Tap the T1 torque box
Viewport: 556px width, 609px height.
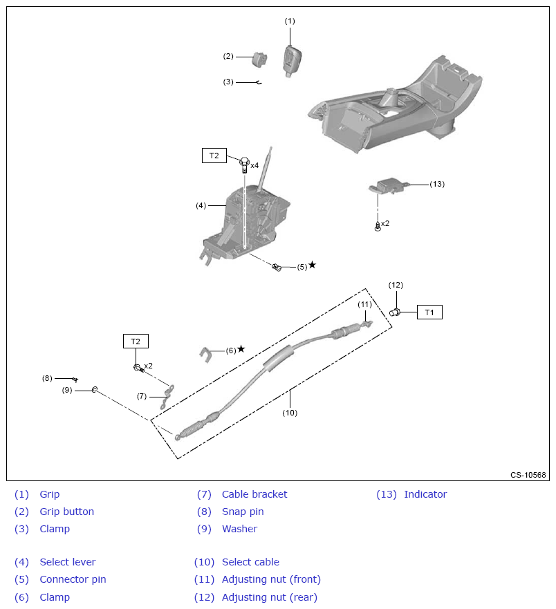pyautogui.click(x=429, y=312)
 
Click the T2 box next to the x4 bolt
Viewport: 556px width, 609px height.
pyautogui.click(x=214, y=156)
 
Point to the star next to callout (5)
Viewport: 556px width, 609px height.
pyautogui.click(x=312, y=265)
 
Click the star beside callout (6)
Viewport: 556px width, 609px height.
pyautogui.click(x=241, y=349)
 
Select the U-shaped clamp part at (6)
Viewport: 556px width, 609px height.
pyautogui.click(x=205, y=354)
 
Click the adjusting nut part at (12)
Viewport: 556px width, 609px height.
pyautogui.click(x=396, y=312)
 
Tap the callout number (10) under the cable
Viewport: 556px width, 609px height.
pyautogui.click(x=290, y=413)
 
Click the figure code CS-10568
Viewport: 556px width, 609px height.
pyautogui.click(x=528, y=475)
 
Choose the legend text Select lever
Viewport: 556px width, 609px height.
pyautogui.click(x=68, y=562)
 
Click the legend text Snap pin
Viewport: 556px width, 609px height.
pyautogui.click(x=243, y=512)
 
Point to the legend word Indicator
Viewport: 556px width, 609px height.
pyautogui.click(x=425, y=494)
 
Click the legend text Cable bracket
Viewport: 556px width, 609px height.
pyautogui.click(x=254, y=494)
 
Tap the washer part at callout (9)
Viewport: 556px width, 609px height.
pyautogui.click(x=95, y=391)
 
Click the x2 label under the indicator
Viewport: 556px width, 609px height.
pyautogui.click(x=385, y=223)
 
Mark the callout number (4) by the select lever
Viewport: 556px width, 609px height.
pyautogui.click(x=201, y=205)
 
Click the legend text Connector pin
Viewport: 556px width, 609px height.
pyautogui.click(x=73, y=579)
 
